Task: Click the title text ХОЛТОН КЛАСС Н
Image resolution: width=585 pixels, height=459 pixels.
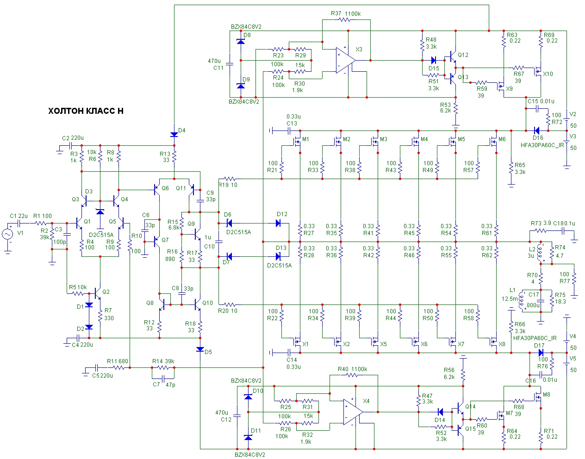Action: (86, 111)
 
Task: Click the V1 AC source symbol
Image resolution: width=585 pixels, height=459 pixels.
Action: (7, 234)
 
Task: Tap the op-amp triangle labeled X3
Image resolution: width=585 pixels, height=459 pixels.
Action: (346, 60)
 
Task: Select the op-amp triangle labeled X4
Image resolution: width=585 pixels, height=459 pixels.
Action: (353, 412)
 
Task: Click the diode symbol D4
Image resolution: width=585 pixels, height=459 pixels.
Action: (174, 134)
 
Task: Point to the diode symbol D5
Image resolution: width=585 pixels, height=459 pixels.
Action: (200, 349)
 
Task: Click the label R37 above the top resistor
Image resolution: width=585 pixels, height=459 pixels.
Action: (336, 13)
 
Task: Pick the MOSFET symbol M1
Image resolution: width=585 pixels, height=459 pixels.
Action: (297, 142)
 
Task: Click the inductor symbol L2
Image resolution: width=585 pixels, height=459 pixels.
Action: (540, 252)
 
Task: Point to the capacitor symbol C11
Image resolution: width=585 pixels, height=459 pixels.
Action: (230, 64)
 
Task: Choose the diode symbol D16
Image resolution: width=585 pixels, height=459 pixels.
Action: (536, 131)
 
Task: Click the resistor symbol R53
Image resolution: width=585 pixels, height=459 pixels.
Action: (455, 108)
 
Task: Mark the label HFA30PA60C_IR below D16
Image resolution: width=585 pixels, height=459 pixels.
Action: (542, 145)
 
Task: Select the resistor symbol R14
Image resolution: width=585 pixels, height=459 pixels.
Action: (163, 367)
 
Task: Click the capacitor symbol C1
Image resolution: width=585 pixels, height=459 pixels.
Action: (19, 223)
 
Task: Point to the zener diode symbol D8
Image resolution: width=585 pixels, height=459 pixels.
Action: (241, 42)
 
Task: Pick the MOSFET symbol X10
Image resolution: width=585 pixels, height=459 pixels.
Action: (538, 71)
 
